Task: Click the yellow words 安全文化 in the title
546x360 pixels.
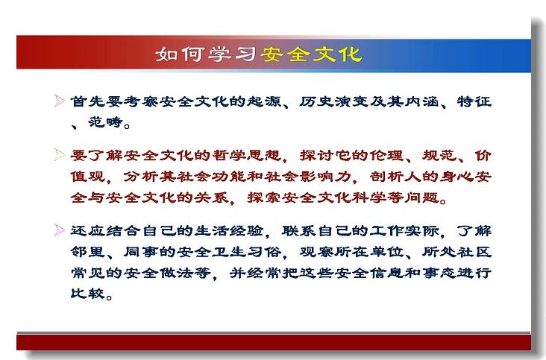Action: click(311, 54)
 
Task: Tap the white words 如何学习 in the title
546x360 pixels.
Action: click(206, 54)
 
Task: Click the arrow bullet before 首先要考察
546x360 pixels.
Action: click(60, 101)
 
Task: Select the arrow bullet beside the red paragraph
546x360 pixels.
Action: click(60, 154)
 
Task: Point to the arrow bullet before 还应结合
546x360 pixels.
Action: click(60, 230)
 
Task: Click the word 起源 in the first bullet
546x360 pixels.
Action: click(264, 101)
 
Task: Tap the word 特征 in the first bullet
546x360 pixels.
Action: click(474, 101)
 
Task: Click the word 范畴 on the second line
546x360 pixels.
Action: click(105, 121)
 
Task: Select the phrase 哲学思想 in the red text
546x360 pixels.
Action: click(247, 155)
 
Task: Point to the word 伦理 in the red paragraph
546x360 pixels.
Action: click(386, 155)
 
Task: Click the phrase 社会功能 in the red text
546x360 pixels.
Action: click(212, 177)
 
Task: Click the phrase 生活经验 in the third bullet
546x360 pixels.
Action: click(229, 230)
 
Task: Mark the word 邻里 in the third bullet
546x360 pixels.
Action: click(88, 251)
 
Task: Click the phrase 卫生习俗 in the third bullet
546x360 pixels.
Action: click(247, 251)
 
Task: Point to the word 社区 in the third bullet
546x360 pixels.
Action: click(474, 251)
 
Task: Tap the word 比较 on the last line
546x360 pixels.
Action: click(88, 293)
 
